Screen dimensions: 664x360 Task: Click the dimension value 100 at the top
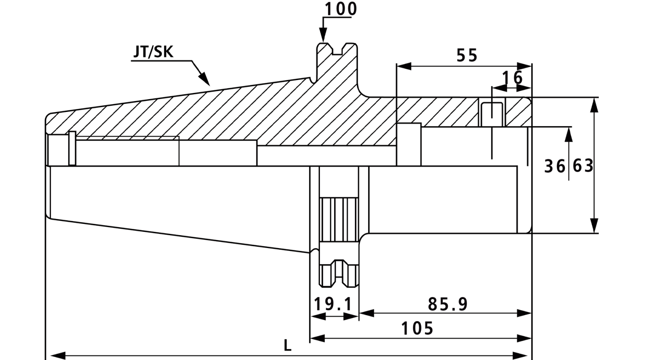point(341,9)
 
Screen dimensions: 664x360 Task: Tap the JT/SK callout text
point(153,52)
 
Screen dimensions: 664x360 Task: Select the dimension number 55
point(467,56)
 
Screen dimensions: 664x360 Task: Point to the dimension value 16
point(512,78)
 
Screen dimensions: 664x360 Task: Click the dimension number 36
point(554,166)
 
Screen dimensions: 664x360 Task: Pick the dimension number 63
point(583,166)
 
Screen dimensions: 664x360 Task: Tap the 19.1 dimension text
point(333,304)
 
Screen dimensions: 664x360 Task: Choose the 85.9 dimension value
point(448,304)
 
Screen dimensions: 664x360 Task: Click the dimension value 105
point(417,328)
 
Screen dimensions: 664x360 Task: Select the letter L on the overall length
point(288,345)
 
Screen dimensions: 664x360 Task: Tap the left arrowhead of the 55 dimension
point(404,66)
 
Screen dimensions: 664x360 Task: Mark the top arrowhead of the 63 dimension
point(594,105)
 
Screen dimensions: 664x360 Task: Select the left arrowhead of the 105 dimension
point(317,338)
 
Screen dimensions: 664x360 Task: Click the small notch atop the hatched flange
point(337,50)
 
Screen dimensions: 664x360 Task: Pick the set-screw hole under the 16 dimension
point(492,114)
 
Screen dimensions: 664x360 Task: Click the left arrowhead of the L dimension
point(58,355)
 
